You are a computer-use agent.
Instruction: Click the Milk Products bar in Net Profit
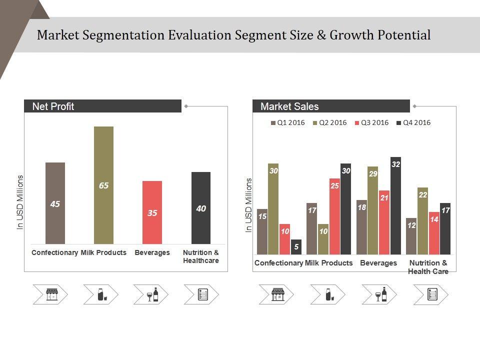[103, 185]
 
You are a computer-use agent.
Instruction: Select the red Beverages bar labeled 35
[152, 212]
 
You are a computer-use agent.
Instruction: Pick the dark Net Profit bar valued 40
[201, 208]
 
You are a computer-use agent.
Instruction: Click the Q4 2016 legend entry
[413, 122]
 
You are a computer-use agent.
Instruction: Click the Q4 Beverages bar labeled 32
[395, 205]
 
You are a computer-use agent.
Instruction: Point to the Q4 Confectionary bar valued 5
[296, 246]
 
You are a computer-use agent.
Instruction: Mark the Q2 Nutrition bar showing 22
[423, 220]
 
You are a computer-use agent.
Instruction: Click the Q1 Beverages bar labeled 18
[361, 227]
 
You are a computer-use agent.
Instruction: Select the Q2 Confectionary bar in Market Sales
[273, 208]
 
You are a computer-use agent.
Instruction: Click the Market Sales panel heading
[289, 106]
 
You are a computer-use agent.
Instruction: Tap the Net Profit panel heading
[53, 106]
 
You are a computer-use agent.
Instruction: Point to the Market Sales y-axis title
[248, 205]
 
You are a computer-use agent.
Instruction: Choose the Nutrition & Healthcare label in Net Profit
[200, 256]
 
